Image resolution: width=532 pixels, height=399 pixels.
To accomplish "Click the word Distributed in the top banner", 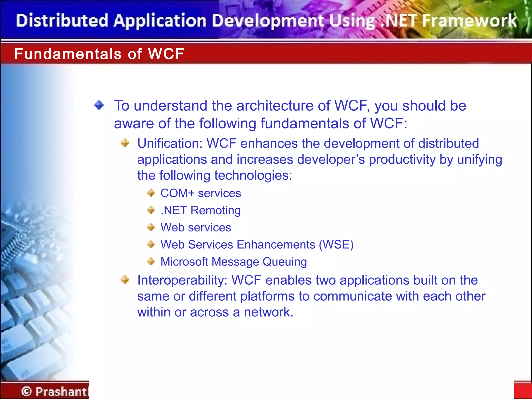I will click(x=62, y=21).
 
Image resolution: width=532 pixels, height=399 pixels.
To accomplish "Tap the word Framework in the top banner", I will click(x=470, y=21).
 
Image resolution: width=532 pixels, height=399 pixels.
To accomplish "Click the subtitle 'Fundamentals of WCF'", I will click(x=99, y=54).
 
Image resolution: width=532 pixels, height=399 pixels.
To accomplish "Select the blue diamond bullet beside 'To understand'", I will click(x=99, y=105).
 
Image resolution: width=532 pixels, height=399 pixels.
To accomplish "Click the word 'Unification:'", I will click(x=170, y=143).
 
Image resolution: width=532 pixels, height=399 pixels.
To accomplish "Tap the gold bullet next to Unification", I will click(x=125, y=143).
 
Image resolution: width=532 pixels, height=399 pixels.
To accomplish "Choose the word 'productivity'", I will click(x=402, y=159).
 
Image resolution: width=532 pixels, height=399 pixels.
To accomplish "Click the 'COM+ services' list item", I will click(x=201, y=193).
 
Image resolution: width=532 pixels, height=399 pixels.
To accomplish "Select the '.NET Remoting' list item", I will click(x=201, y=210).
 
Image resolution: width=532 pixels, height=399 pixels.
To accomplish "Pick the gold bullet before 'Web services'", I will click(x=151, y=227).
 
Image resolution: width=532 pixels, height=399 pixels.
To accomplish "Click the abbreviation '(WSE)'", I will click(x=336, y=245).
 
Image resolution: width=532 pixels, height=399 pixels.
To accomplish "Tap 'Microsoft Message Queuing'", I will click(x=234, y=262).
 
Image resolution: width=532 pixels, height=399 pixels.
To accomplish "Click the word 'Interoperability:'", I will click(x=182, y=280).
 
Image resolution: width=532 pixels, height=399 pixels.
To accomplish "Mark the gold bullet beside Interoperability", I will click(x=125, y=280).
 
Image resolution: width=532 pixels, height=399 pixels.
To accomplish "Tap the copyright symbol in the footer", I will click(x=26, y=391).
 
